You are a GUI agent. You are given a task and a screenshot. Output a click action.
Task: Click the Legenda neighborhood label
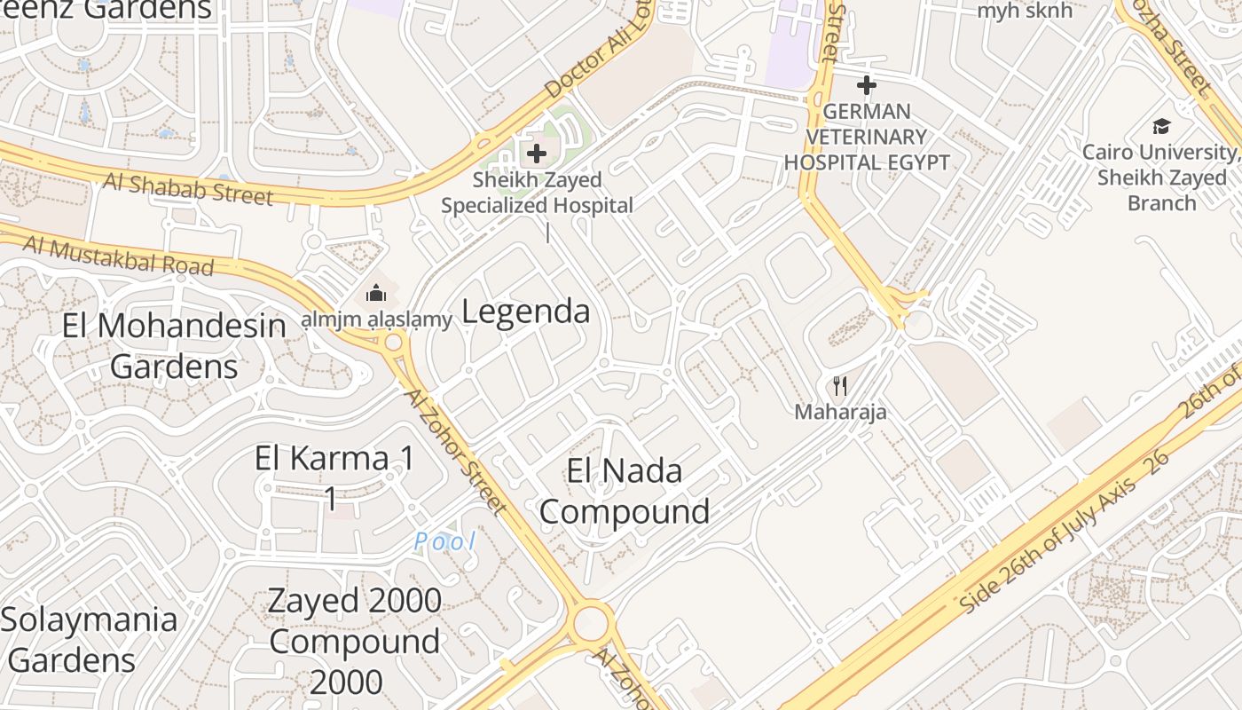tap(526, 312)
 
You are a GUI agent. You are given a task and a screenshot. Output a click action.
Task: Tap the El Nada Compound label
tap(625, 491)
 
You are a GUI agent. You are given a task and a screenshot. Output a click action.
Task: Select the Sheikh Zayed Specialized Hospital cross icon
tap(537, 154)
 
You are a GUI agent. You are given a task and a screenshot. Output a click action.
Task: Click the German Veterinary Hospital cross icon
tap(867, 85)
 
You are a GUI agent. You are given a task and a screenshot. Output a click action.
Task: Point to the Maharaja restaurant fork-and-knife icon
tap(840, 386)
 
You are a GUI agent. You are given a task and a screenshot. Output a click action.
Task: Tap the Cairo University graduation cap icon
tap(1161, 126)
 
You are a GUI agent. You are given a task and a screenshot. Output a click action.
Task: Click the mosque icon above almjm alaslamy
tap(376, 293)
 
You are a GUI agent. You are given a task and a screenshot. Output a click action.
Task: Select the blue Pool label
tap(445, 540)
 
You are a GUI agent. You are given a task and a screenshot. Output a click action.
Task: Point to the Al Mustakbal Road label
tap(119, 255)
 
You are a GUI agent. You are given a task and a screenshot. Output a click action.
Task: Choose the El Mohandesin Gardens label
tap(174, 346)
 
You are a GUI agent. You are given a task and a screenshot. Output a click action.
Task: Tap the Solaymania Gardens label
tap(89, 639)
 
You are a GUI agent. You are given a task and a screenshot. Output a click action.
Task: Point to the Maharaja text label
tap(840, 412)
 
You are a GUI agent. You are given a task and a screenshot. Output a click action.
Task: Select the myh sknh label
tap(1025, 11)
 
